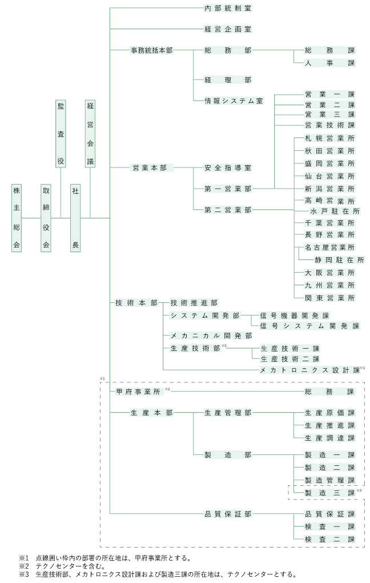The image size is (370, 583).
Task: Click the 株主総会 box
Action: click(17, 218)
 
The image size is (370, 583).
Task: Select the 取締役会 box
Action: click(46, 218)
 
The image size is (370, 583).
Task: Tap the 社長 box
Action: click(75, 218)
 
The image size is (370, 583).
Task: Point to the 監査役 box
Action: click(61, 134)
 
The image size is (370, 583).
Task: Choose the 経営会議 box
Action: click(90, 134)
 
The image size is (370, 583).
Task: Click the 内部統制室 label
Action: click(228, 8)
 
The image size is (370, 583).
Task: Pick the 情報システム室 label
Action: click(234, 101)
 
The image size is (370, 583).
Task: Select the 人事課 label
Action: click(330, 63)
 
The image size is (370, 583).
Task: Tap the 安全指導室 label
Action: click(228, 168)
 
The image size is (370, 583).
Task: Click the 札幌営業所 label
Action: click(330, 138)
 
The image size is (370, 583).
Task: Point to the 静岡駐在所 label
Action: click(340, 260)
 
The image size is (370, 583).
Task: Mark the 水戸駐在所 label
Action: click(335, 211)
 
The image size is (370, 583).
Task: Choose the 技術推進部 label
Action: click(194, 303)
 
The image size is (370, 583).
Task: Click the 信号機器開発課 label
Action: click(295, 316)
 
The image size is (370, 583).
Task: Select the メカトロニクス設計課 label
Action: click(310, 370)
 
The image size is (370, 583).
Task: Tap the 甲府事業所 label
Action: click(138, 392)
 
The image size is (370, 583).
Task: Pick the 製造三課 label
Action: click(330, 493)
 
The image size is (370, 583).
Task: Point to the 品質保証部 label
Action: click(228, 514)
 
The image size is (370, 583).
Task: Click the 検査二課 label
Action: click(330, 540)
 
